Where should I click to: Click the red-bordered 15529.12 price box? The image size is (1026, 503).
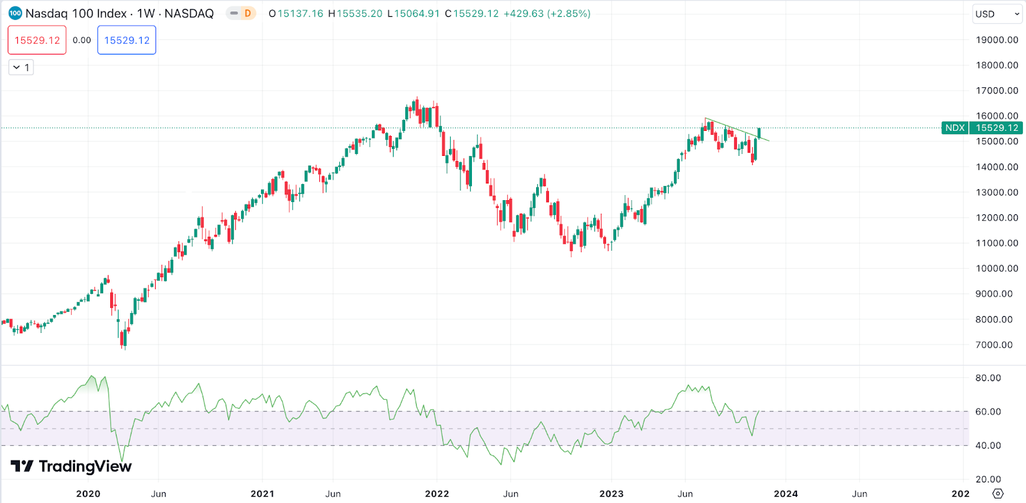(37, 40)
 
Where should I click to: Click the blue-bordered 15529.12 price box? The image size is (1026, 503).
(126, 40)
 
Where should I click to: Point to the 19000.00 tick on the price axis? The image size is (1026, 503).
(997, 40)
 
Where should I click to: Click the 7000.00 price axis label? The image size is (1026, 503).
(994, 345)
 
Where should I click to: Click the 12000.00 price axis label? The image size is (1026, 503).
(997, 217)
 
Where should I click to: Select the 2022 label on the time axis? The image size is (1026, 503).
(437, 493)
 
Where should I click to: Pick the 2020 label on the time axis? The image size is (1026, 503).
(88, 493)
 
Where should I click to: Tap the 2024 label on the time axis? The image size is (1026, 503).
(786, 493)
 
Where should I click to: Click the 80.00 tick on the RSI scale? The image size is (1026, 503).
(988, 378)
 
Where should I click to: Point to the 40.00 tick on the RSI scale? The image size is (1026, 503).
(988, 445)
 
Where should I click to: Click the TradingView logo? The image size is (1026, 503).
(71, 466)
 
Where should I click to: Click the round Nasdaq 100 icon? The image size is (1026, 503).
(15, 13)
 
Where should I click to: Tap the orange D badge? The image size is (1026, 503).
(248, 13)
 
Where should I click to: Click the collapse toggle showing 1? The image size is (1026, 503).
(21, 67)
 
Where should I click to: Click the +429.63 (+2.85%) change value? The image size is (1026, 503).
(547, 13)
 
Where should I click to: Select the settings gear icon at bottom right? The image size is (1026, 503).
(998, 493)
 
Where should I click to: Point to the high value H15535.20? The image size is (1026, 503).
(355, 13)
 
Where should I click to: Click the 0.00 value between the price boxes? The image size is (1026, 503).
(81, 40)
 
